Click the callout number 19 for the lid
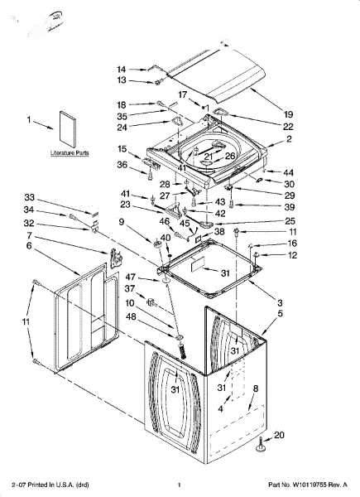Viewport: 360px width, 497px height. click(x=288, y=114)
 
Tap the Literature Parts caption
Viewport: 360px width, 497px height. click(x=70, y=152)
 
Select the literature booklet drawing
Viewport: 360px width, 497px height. click(x=67, y=129)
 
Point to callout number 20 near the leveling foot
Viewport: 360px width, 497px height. click(x=279, y=435)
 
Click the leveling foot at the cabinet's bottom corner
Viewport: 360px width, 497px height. click(x=260, y=445)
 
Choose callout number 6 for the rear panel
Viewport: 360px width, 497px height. click(x=29, y=246)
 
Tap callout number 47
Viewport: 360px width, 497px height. click(x=131, y=277)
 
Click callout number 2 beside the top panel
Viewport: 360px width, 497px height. click(x=289, y=139)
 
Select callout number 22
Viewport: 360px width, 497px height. click(x=288, y=127)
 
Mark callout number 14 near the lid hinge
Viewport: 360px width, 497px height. click(x=122, y=70)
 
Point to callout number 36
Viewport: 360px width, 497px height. click(x=122, y=165)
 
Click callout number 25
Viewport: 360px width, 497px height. click(x=290, y=221)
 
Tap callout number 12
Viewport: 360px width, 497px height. click(x=292, y=255)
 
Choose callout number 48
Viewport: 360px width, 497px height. click(x=131, y=316)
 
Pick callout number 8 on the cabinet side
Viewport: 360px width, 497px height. click(x=256, y=388)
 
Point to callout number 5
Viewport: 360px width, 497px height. click(x=281, y=313)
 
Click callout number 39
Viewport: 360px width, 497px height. click(x=290, y=207)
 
